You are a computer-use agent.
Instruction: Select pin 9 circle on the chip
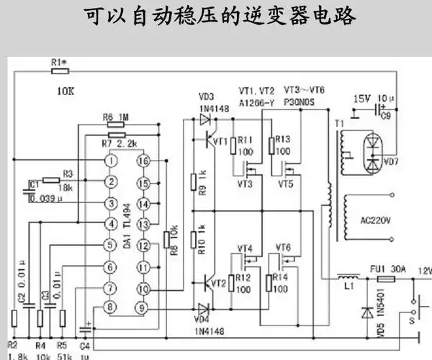(143, 308)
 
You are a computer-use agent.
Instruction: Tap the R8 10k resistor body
(166, 238)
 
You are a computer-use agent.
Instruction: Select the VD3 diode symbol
(204, 120)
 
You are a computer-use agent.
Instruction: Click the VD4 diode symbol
(204, 308)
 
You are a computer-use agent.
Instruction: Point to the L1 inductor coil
(349, 276)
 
